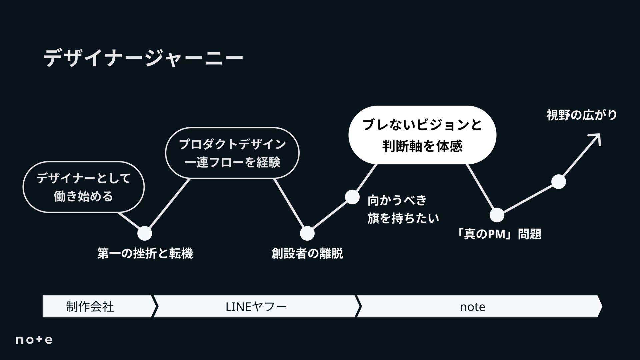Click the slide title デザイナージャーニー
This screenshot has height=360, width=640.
coord(143,58)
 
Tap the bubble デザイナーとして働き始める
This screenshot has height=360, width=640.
coord(83,187)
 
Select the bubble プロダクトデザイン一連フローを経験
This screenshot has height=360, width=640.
coord(232,153)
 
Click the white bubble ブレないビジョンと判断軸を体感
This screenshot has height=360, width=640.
coord(422,135)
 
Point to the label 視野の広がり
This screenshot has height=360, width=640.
coord(581,115)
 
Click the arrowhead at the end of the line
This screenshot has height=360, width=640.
coord(597,137)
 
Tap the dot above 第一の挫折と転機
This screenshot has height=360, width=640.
coord(145,233)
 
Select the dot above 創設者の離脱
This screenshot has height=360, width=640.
coord(307,233)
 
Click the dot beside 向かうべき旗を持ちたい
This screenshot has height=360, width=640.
coord(352,197)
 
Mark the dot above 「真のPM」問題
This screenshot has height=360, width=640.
coord(497,215)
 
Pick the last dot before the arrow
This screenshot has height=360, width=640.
coord(558,182)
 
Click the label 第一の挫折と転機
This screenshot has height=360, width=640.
coord(145,253)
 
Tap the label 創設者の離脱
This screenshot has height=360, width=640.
coord(307,253)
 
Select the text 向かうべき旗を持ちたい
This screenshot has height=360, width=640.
coord(403,209)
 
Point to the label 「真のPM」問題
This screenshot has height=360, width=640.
coord(499,234)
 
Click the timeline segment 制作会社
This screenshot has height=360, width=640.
coord(90,306)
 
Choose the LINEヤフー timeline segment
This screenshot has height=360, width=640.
coord(256,306)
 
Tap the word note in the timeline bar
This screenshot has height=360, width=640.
coord(472,307)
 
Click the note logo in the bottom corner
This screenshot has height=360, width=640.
coord(34,340)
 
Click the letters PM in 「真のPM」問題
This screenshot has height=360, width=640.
coord(496,234)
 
